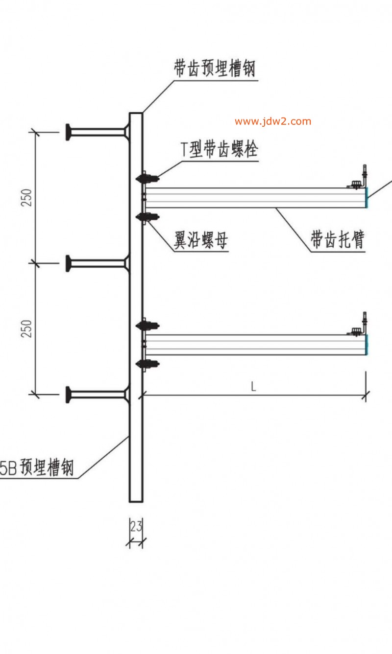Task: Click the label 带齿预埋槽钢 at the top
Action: tap(215, 69)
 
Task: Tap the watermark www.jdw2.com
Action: tap(272, 121)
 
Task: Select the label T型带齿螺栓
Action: tap(220, 149)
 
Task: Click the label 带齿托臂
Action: tap(338, 240)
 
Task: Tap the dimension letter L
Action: tap(253, 386)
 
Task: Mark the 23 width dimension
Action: tap(136, 527)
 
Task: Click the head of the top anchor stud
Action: tap(69, 132)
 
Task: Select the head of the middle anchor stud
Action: tap(69, 263)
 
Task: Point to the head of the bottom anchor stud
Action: tap(69, 394)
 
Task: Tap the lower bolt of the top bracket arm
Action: tap(147, 217)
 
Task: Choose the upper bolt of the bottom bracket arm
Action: tap(147, 325)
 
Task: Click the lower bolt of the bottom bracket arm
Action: tap(147, 364)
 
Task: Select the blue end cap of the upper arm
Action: tap(367, 198)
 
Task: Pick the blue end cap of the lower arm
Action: tap(367, 345)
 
